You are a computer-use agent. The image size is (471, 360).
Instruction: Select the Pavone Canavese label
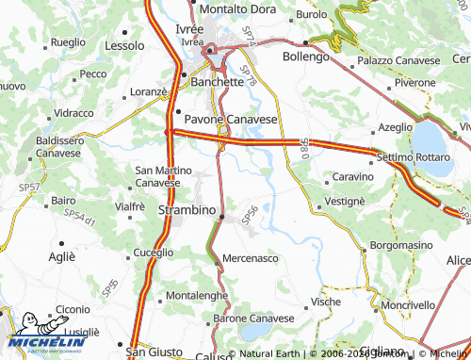click(231, 120)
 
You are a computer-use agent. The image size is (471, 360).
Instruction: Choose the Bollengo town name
click(307, 57)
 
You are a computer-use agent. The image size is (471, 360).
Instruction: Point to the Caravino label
click(354, 176)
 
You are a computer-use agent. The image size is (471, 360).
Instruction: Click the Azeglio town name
click(396, 126)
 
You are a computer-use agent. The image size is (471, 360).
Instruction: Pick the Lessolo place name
click(125, 44)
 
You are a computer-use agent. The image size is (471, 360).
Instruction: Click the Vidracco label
click(74, 112)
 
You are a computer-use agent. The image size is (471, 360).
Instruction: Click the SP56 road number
click(251, 215)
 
